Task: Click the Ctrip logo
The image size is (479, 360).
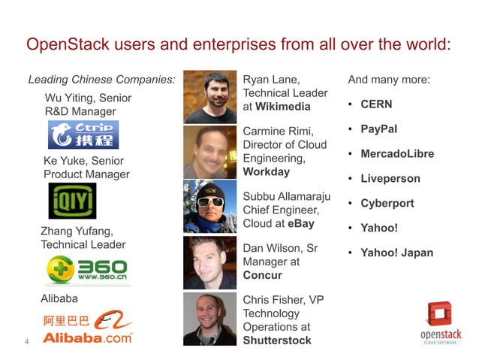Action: [x=83, y=135]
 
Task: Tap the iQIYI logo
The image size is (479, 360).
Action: [x=72, y=201]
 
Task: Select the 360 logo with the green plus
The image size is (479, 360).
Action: [x=87, y=270]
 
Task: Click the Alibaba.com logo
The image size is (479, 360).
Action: [x=88, y=328]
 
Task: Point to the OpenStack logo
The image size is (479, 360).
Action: [x=438, y=324]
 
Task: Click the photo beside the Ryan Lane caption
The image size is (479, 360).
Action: [x=210, y=97]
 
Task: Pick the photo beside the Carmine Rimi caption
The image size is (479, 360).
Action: [x=210, y=152]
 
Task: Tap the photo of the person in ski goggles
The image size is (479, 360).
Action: [x=210, y=206]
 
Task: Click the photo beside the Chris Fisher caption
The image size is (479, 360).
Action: [x=210, y=318]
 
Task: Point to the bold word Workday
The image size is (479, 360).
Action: [x=267, y=171]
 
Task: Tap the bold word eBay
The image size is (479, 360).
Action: [x=300, y=223]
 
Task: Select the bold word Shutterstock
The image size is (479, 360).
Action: [x=277, y=340]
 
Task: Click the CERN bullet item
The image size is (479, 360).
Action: [x=376, y=104]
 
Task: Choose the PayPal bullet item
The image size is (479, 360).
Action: [x=378, y=129]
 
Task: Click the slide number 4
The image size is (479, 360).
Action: [x=27, y=343]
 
